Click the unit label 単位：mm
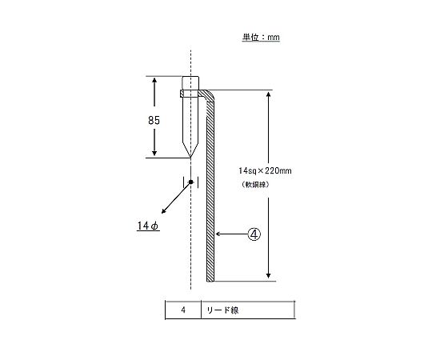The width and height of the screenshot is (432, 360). click(x=261, y=37)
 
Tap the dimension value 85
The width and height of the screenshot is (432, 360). click(x=154, y=120)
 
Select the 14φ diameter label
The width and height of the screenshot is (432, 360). click(x=148, y=226)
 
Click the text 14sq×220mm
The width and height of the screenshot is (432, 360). click(x=265, y=170)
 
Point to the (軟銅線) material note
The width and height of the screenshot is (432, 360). click(x=255, y=185)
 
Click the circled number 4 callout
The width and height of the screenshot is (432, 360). click(x=254, y=234)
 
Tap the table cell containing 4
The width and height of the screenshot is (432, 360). click(x=183, y=310)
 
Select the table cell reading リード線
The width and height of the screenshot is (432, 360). click(x=248, y=310)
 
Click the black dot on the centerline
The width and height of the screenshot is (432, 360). click(x=190, y=182)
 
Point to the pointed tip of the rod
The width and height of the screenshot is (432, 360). click(x=190, y=158)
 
